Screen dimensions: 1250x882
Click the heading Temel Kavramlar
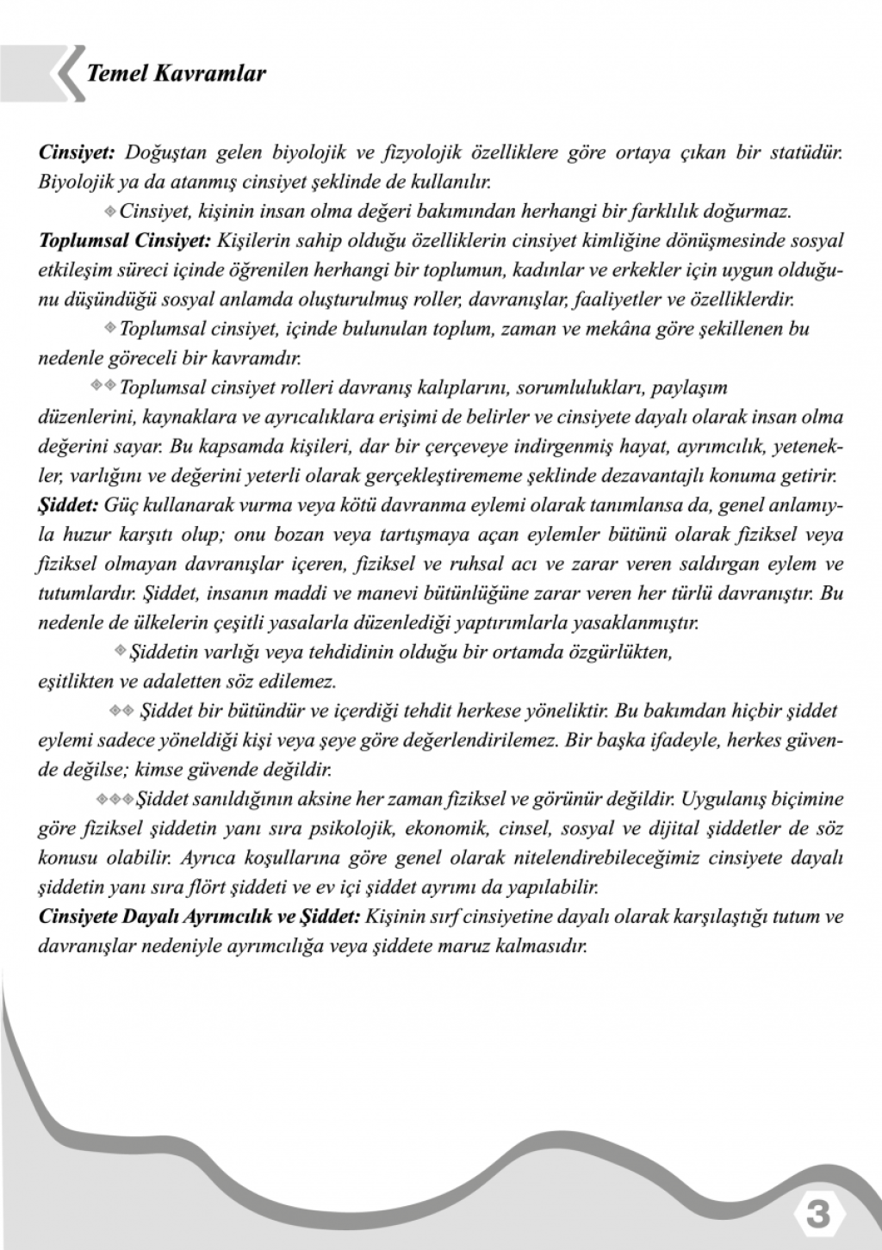[x=176, y=74]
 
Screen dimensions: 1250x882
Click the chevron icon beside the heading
[x=67, y=74]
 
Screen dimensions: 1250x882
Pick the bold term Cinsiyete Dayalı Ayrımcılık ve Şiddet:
[x=200, y=917]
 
